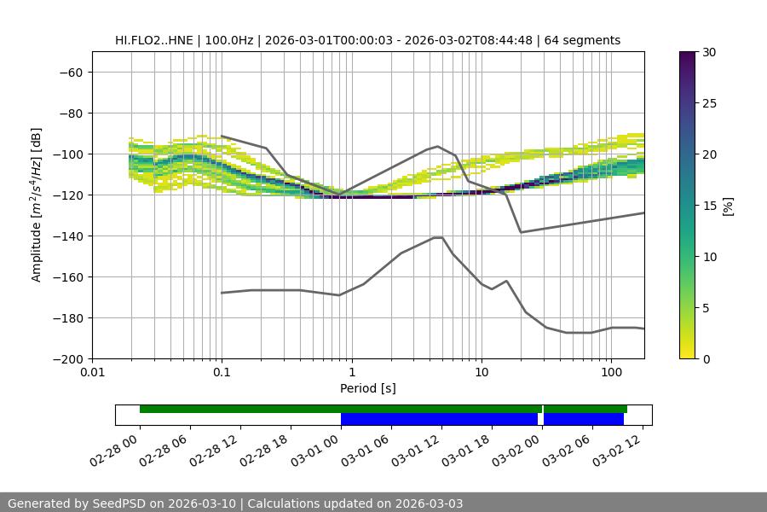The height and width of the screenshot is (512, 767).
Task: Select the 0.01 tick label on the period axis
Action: point(92,373)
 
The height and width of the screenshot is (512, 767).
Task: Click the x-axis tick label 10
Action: point(482,373)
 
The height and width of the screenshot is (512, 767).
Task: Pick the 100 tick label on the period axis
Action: point(611,373)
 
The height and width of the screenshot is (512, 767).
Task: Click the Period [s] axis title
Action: point(367,388)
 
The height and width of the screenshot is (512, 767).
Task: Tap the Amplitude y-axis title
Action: point(37,205)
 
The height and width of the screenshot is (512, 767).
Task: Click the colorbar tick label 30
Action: point(709,52)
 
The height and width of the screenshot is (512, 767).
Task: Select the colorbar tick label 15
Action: point(709,206)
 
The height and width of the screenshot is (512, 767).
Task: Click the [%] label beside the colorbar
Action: point(728,206)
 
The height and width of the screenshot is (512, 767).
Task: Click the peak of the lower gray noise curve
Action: point(438,237)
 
